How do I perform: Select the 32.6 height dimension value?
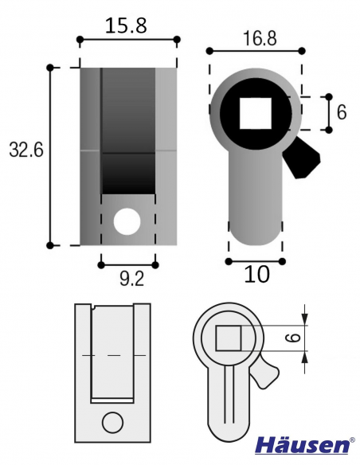[x=25, y=151]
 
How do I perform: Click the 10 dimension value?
[x=256, y=275]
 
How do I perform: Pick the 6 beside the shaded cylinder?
[x=342, y=112]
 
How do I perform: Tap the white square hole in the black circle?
[x=256, y=112]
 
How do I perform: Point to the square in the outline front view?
[x=229, y=338]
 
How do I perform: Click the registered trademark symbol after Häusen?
[x=353, y=439]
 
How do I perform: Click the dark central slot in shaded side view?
[x=127, y=131]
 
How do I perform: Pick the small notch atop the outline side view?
[x=94, y=307]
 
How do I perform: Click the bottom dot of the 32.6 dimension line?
[x=49, y=245]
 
